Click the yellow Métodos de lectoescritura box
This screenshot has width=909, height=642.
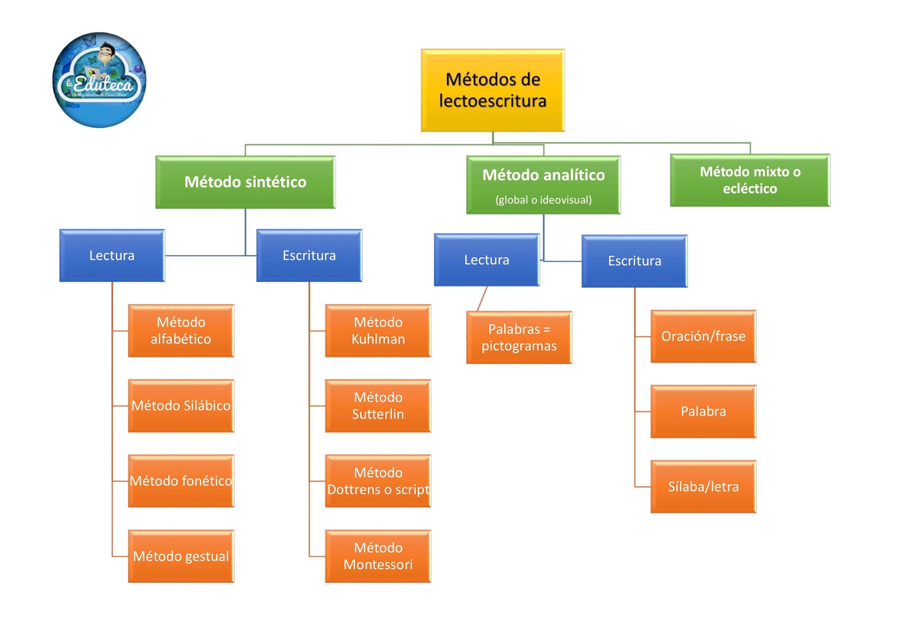[493, 90]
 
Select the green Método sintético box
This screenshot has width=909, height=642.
[245, 182]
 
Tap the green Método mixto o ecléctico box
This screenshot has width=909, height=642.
[750, 180]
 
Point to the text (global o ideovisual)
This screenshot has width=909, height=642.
[543, 199]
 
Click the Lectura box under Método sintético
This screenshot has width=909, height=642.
[112, 255]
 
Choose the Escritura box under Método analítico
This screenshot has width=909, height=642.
[634, 261]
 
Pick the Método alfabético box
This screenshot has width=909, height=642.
[181, 331]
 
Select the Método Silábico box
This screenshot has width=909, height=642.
[181, 406]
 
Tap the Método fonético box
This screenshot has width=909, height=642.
[181, 481]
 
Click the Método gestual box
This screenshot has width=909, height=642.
[181, 556]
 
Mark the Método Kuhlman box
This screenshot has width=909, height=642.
[378, 331]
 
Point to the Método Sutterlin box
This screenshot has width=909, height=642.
[378, 406]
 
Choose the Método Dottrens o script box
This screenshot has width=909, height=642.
[378, 481]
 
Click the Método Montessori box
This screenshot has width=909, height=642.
[378, 556]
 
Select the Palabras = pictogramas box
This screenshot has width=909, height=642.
[519, 337]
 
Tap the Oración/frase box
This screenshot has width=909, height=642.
[703, 336]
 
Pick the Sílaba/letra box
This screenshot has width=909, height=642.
[703, 486]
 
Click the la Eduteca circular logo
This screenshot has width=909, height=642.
[99, 80]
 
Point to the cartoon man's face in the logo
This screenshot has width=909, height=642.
[106, 53]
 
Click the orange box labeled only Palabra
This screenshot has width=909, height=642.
[703, 411]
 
